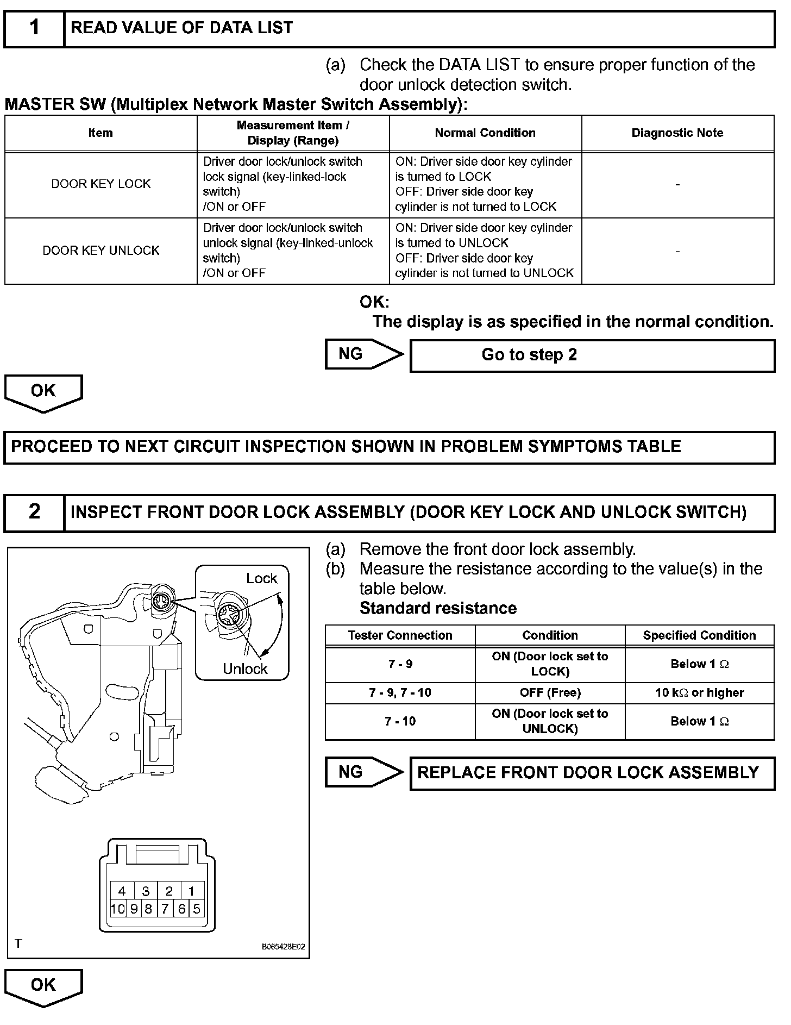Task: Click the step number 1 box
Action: coord(34,28)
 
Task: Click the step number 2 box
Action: coord(34,512)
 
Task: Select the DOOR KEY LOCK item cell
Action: coord(101,184)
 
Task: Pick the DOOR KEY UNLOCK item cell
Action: coord(101,251)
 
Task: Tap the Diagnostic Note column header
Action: coord(677,133)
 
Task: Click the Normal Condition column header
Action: coord(485,133)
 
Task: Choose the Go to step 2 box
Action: coord(592,355)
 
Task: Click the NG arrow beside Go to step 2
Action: coord(363,354)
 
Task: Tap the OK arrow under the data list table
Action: coord(43,392)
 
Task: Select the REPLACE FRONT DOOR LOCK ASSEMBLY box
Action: coord(592,773)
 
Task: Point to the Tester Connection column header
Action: coord(400,635)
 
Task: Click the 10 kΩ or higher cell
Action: coord(699,693)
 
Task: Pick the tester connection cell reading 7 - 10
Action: coord(400,721)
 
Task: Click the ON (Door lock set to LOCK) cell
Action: coord(550,664)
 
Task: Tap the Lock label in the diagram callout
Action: coord(261,579)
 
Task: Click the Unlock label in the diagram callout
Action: coord(245,669)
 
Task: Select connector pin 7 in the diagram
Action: coord(165,909)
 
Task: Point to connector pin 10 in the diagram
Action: coord(118,909)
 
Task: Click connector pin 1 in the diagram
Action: coord(191,891)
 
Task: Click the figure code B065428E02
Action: coord(283,946)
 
